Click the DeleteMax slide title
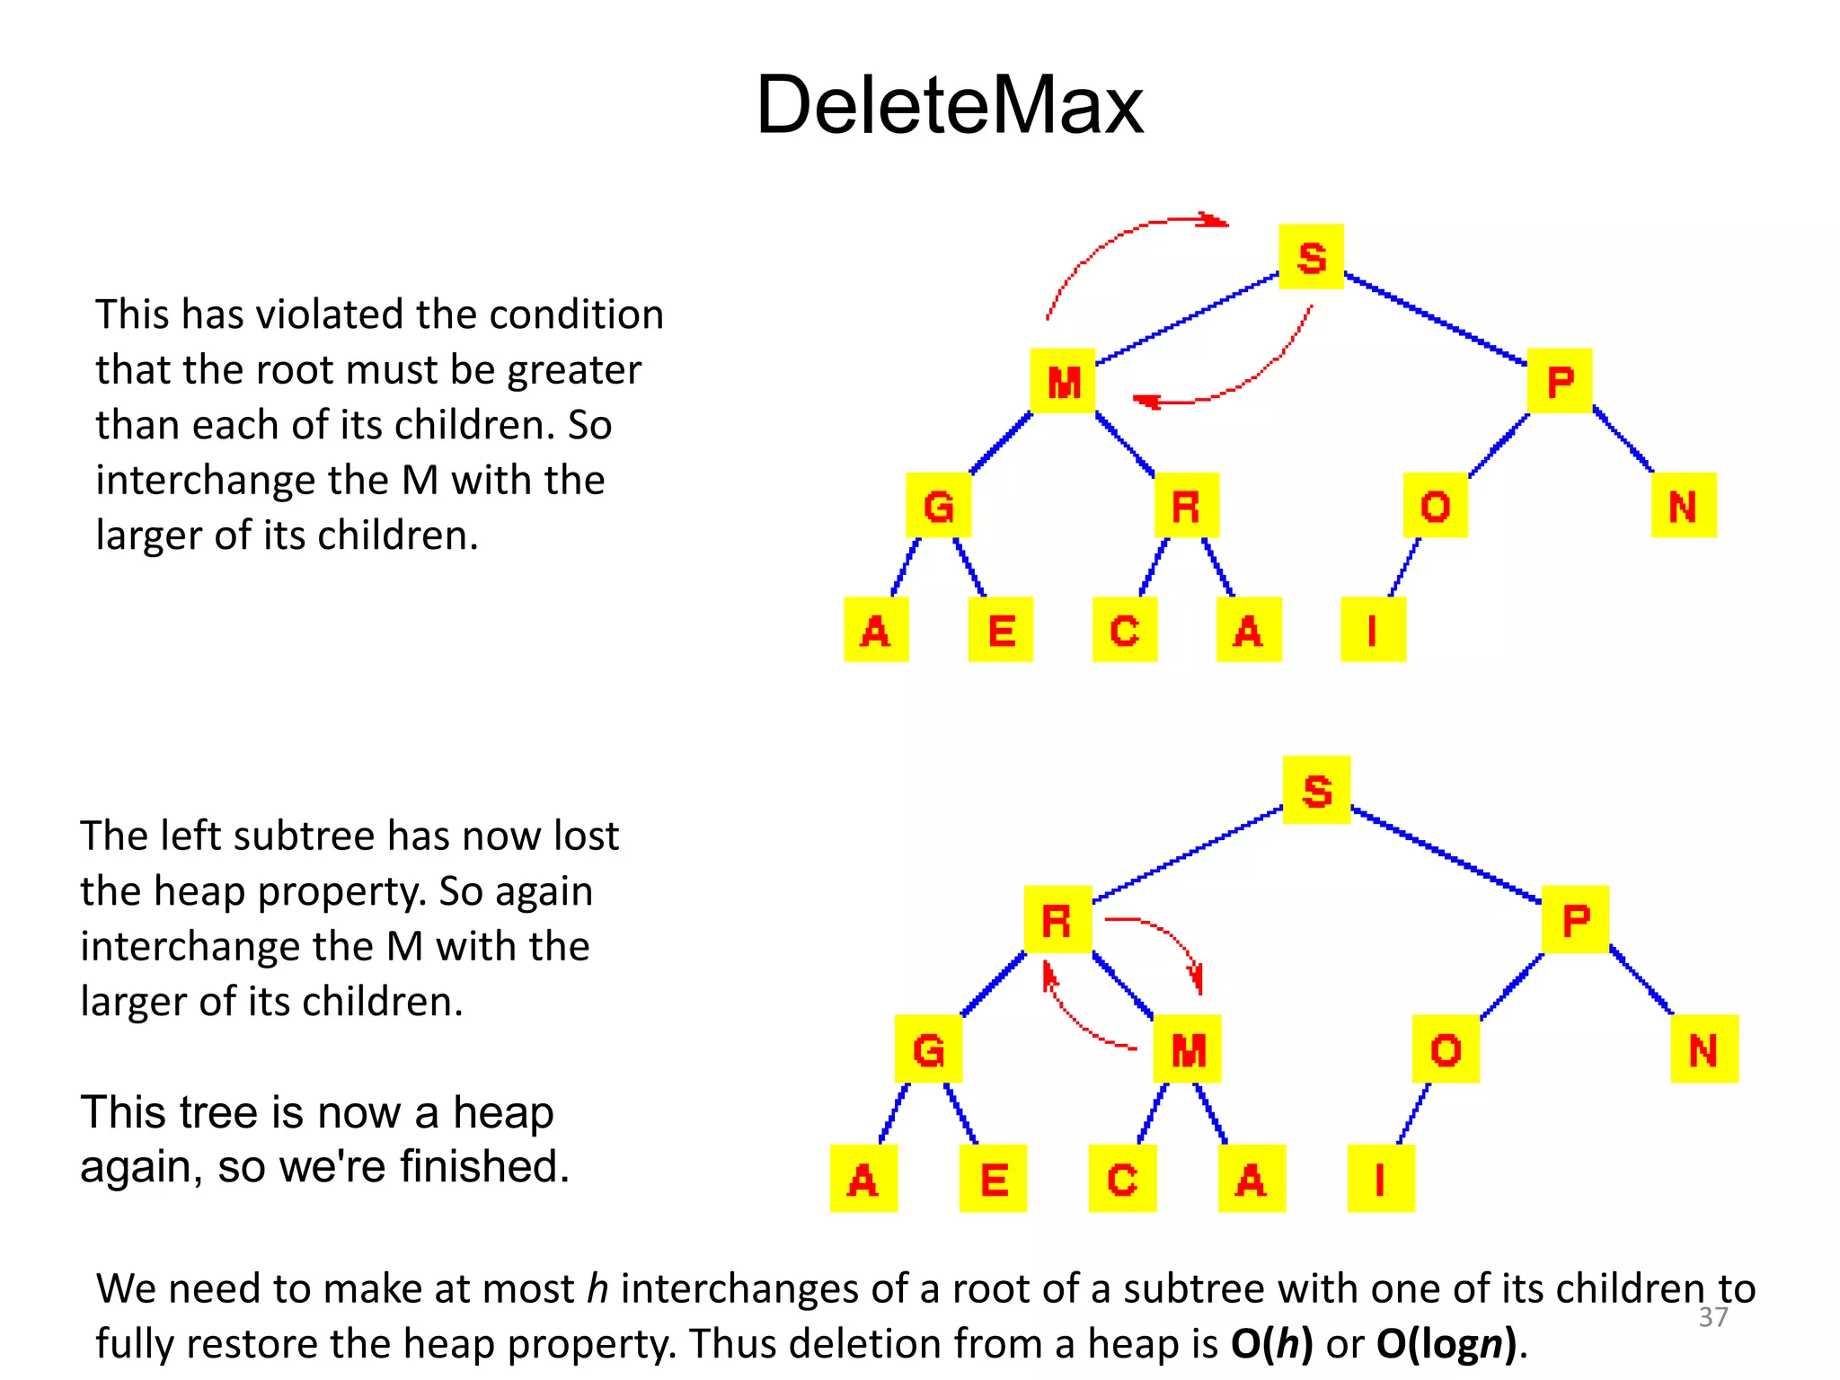[950, 105]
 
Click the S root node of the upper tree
[1311, 257]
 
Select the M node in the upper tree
[1063, 382]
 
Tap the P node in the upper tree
[1560, 382]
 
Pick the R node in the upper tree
[1186, 506]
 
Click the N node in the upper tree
[1684, 506]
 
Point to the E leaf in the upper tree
[1001, 630]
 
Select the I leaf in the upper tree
[1372, 630]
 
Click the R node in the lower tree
[1057, 920]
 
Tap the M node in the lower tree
[1188, 1048]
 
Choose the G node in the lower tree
[928, 1048]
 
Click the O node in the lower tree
[1446, 1048]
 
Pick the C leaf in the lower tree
[1122, 1179]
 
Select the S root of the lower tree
[1316, 791]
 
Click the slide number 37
[1712, 1317]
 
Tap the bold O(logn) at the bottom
[1446, 1344]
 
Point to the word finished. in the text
[484, 1166]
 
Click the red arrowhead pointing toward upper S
[1213, 221]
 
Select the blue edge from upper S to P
[1436, 320]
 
